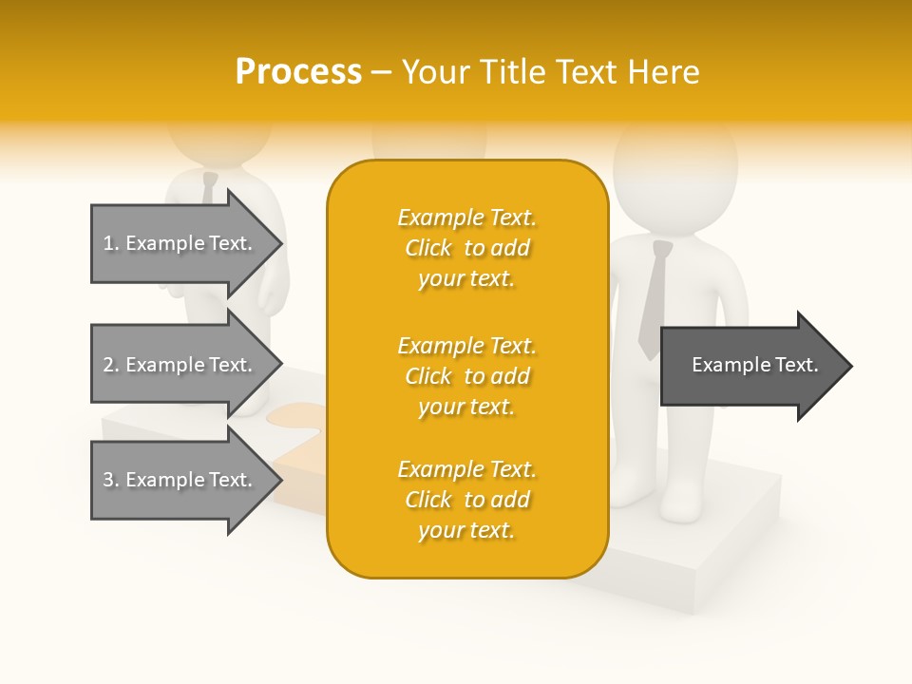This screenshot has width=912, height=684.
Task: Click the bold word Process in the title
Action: (x=298, y=72)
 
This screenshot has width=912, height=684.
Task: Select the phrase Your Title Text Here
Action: (x=550, y=72)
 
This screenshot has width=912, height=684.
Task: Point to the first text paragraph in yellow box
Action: (x=466, y=248)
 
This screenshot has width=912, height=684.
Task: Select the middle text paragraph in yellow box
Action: (x=466, y=376)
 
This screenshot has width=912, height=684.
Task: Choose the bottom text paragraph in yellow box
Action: (x=466, y=500)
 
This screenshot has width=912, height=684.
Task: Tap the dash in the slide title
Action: (x=381, y=72)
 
